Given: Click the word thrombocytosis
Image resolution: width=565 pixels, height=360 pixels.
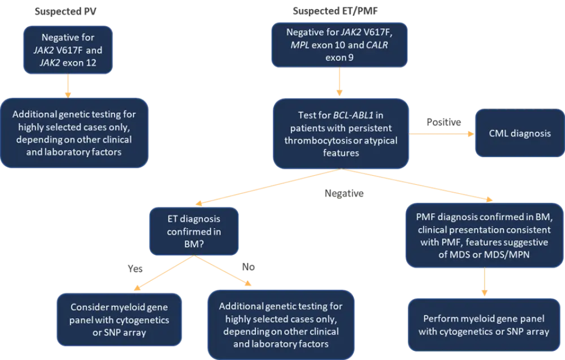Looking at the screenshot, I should tap(320, 140).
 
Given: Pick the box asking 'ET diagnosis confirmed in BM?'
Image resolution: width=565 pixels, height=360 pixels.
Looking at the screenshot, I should tap(194, 231).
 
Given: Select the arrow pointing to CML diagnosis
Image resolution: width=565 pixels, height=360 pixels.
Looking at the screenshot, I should tap(441, 135).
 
